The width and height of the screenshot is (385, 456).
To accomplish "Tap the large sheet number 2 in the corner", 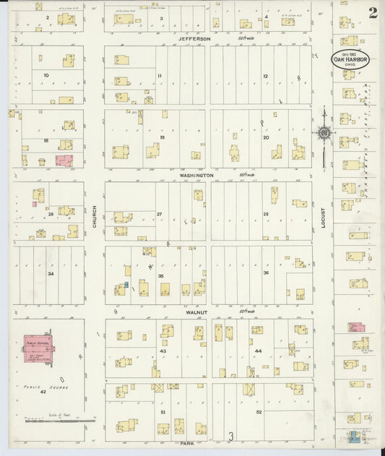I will (372, 13).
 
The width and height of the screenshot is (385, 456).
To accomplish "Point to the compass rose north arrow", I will (324, 131).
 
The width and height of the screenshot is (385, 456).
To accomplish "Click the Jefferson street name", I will (195, 38).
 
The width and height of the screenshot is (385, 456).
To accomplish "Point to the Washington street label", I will (196, 175).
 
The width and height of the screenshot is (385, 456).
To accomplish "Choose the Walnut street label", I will (196, 312).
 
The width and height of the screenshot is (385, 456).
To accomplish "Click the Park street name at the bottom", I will (189, 442).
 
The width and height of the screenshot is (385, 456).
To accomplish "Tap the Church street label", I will (94, 217).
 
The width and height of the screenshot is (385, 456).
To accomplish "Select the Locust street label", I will (323, 217).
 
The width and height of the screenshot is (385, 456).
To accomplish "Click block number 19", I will (163, 137).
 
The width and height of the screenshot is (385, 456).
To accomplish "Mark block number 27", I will (159, 214).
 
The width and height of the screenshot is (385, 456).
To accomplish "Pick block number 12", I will (265, 76).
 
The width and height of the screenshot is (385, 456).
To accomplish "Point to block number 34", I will (50, 274).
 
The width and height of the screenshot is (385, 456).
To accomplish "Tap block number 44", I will (257, 350).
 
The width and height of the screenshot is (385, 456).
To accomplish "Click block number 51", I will (163, 412).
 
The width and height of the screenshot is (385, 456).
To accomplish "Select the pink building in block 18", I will (64, 160).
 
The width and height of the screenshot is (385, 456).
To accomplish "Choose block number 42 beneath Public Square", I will (43, 391).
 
